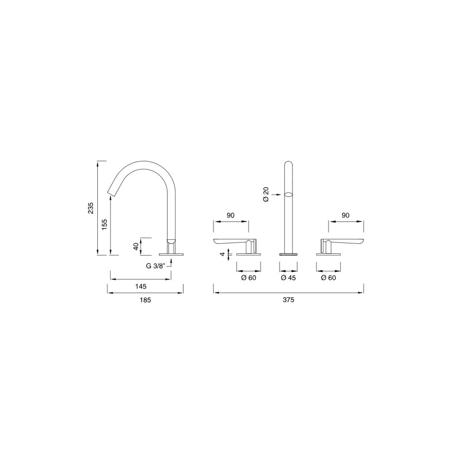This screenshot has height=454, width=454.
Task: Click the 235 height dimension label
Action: click(91, 208)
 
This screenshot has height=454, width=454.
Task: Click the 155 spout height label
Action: click(105, 224)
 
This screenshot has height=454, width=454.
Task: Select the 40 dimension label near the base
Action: click(136, 246)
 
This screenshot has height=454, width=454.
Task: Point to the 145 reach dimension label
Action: click(141, 286)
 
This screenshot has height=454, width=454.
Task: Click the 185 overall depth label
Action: click(145, 300)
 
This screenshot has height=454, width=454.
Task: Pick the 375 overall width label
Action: click(288, 300)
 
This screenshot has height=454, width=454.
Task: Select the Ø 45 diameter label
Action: click(288, 278)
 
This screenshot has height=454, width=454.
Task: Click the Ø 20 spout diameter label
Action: click(266, 194)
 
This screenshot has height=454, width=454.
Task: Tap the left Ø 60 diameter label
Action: click(248, 278)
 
